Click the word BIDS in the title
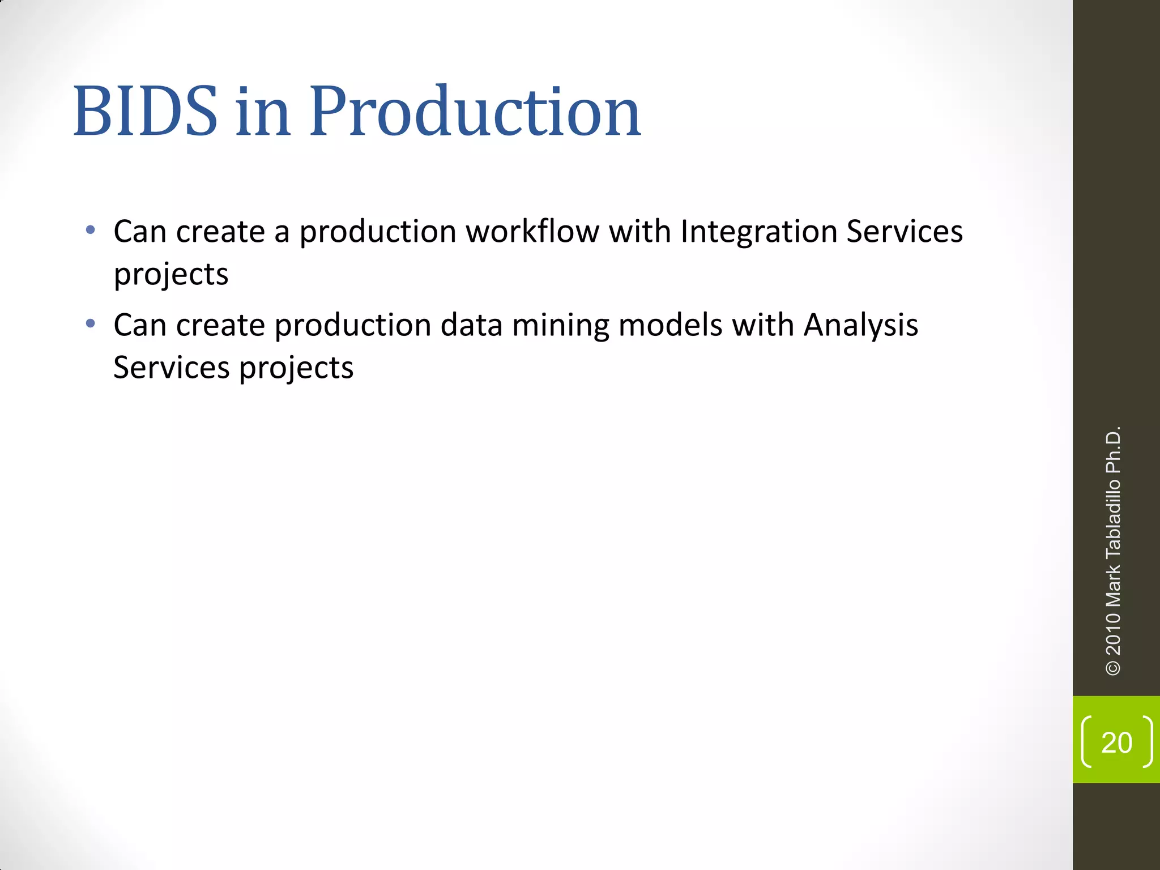pyautogui.click(x=145, y=111)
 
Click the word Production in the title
pyautogui.click(x=475, y=111)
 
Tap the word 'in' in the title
pyautogui.click(x=263, y=111)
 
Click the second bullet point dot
pyautogui.click(x=90, y=324)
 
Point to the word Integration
pyautogui.click(x=758, y=232)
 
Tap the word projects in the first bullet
pyautogui.click(x=170, y=275)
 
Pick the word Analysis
pyautogui.click(x=860, y=326)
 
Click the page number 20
pyautogui.click(x=1116, y=743)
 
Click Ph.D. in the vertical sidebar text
pyautogui.click(x=1113, y=450)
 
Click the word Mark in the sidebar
pyautogui.click(x=1113, y=585)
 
